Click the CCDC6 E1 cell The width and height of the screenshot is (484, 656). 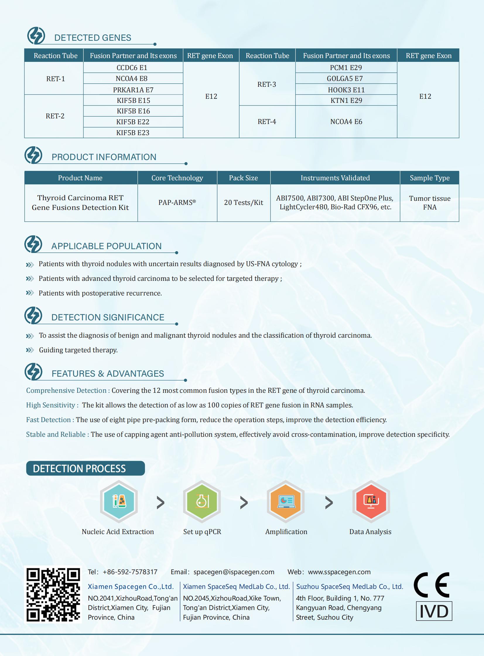pyautogui.click(x=132, y=68)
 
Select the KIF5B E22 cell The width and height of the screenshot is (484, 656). pyautogui.click(x=133, y=122)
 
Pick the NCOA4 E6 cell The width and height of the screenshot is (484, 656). pyautogui.click(x=346, y=122)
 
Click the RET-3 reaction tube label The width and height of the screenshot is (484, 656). pyautogui.click(x=267, y=84)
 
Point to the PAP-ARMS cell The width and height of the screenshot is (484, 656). pyautogui.click(x=177, y=203)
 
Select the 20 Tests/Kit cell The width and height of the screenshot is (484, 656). pyautogui.click(x=244, y=203)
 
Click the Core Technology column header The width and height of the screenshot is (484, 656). pyautogui.click(x=177, y=178)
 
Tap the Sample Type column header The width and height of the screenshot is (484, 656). pyautogui.click(x=430, y=178)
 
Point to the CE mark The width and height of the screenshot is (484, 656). pyautogui.click(x=432, y=585)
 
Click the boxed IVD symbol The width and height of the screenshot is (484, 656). pyautogui.click(x=434, y=611)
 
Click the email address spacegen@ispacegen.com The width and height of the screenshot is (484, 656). pyautogui.click(x=234, y=572)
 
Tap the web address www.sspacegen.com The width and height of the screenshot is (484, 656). pyautogui.click(x=339, y=572)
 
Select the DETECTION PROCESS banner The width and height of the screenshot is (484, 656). pyautogui.click(x=85, y=468)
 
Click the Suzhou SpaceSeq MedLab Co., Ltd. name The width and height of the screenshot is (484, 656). pyautogui.click(x=350, y=587)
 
